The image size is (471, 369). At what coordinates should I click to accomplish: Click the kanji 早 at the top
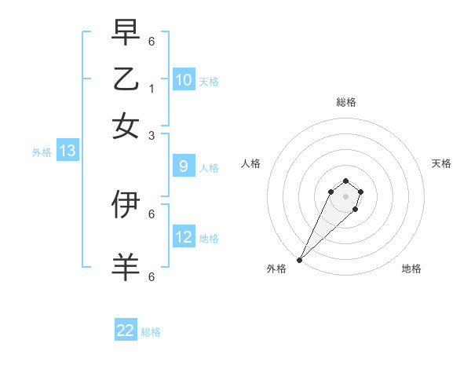click(x=126, y=33)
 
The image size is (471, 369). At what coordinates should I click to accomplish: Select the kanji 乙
click(x=126, y=79)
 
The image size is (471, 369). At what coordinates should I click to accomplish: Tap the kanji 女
click(x=126, y=125)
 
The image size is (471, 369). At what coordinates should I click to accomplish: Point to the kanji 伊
click(x=126, y=203)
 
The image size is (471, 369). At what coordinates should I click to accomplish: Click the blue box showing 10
click(x=184, y=80)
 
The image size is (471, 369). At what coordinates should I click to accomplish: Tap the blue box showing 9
click(x=183, y=166)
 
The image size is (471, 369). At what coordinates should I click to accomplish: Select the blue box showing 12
click(x=184, y=237)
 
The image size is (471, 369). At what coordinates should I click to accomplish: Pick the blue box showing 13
click(x=67, y=152)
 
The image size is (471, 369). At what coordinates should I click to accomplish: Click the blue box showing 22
click(x=126, y=331)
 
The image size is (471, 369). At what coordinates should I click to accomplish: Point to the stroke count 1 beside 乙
click(x=151, y=88)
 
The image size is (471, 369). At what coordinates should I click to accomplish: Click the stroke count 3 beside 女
click(x=151, y=135)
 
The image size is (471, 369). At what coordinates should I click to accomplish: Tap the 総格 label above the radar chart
click(x=345, y=102)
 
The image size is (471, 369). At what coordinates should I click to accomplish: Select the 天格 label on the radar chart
click(x=441, y=163)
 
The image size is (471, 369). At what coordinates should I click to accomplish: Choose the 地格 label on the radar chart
click(x=411, y=269)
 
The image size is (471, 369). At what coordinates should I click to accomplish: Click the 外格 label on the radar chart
click(x=276, y=269)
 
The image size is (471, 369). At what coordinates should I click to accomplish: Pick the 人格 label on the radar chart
click(x=250, y=163)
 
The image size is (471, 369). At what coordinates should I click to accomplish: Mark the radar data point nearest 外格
click(x=299, y=260)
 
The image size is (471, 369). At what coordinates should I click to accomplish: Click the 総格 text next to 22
click(x=151, y=332)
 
